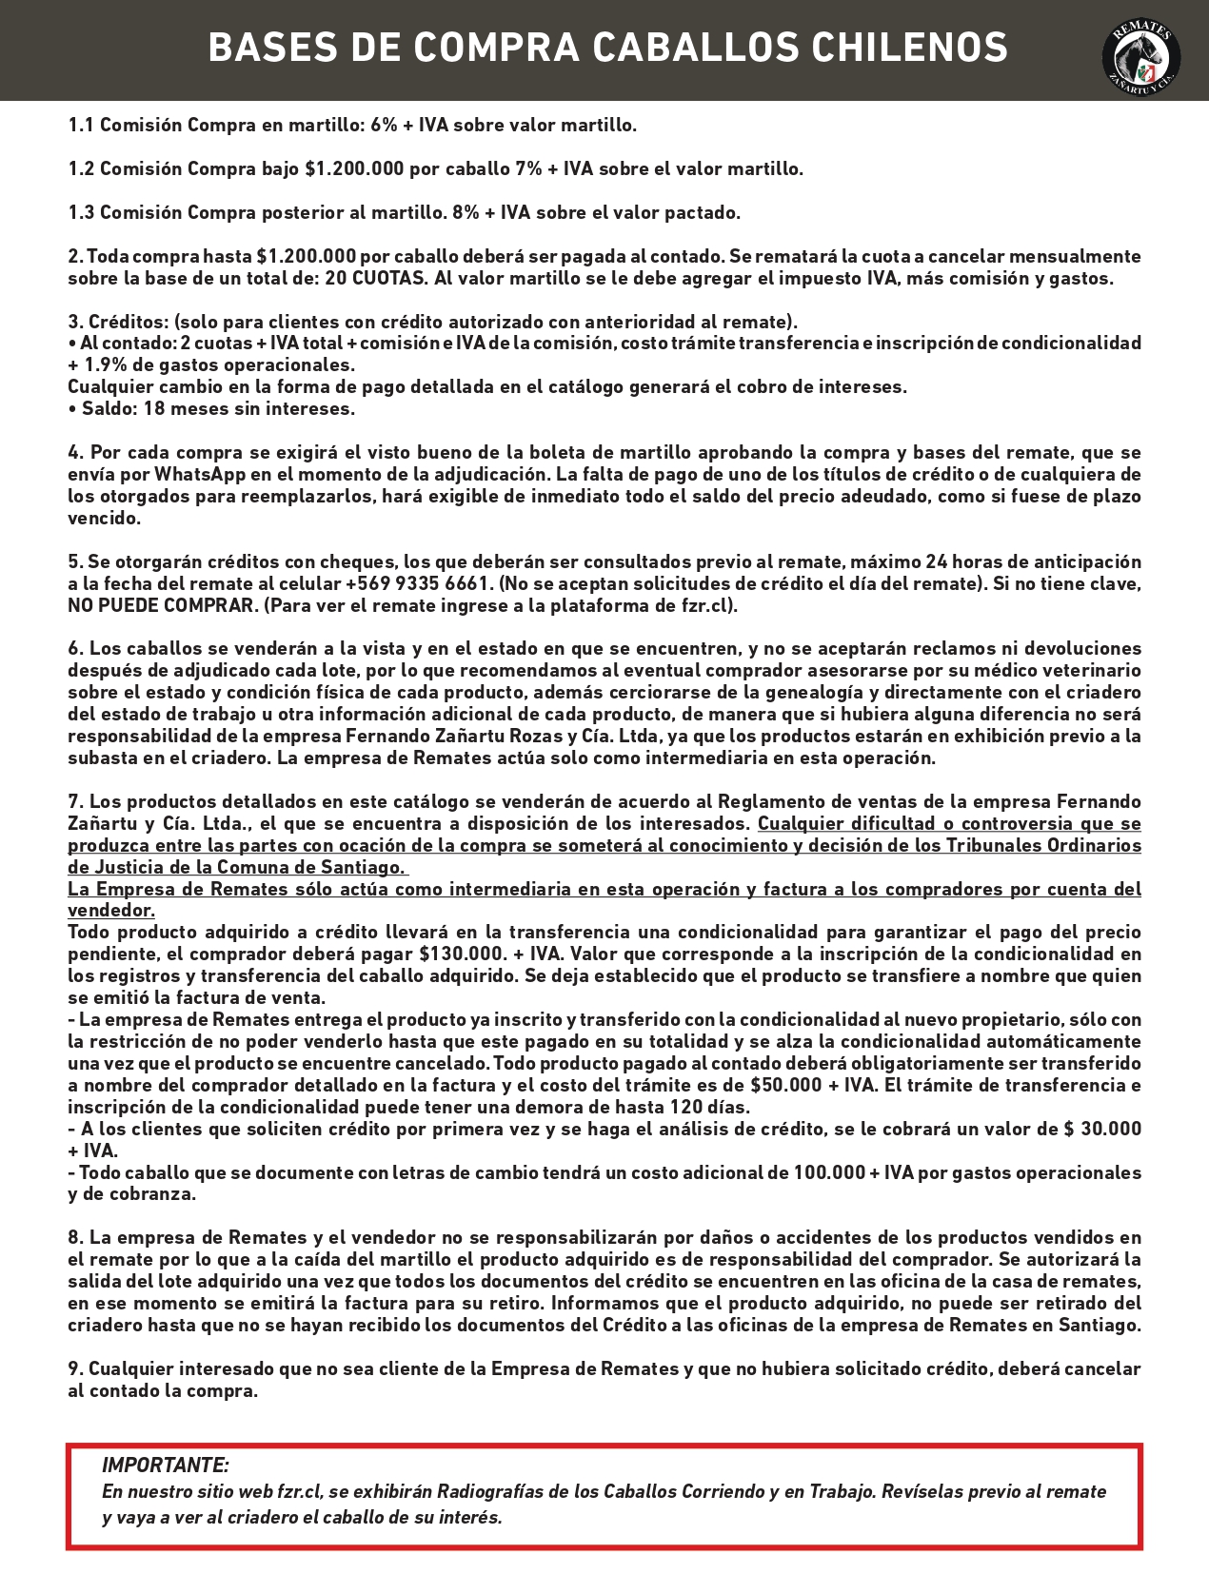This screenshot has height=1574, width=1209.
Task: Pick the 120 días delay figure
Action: (x=707, y=1107)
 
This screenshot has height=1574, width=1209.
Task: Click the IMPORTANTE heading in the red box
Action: (x=165, y=1465)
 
